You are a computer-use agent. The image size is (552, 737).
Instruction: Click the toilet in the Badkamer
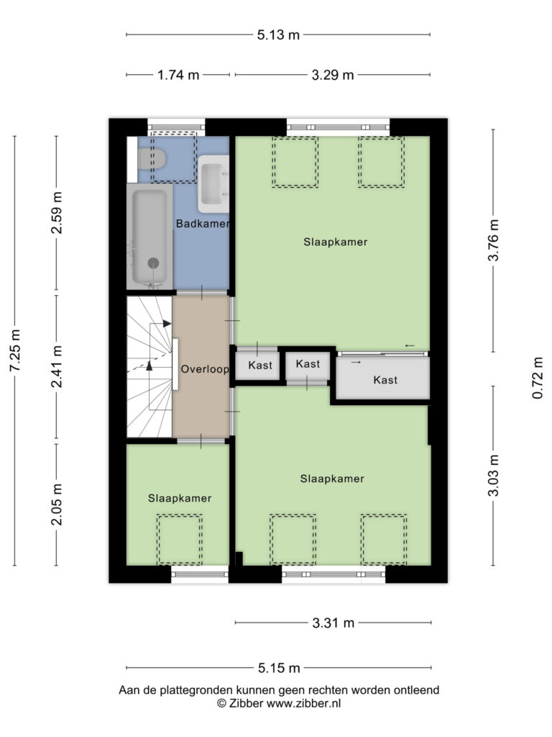point(152,158)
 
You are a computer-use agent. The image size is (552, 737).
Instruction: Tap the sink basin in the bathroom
point(213,184)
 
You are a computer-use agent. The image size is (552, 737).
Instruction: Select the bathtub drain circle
point(153,263)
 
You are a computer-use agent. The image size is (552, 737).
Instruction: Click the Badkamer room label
point(203,224)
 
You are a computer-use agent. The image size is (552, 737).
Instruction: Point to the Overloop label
point(205,369)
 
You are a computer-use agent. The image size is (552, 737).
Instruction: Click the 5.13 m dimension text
point(278,35)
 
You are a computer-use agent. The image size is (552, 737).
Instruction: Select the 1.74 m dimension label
point(178,75)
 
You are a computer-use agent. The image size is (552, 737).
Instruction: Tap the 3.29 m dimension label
point(333,75)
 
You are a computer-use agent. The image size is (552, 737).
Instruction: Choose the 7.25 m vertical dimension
point(16,351)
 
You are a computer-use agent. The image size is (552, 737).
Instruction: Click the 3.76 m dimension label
point(493,240)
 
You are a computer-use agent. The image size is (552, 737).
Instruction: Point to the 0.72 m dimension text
point(538,378)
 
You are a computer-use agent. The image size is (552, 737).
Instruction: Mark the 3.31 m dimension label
point(333,623)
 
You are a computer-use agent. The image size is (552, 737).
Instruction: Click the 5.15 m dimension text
point(279,668)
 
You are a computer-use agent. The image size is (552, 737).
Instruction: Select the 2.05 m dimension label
point(57,504)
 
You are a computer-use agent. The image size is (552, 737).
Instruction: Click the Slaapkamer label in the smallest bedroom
point(180,498)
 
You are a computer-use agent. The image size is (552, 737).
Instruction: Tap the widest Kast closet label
point(385,380)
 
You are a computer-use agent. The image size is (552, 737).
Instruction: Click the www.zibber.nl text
point(304,704)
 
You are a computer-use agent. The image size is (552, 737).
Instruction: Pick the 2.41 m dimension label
point(57,366)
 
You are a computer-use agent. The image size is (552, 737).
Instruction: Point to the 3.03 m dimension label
point(493,475)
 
